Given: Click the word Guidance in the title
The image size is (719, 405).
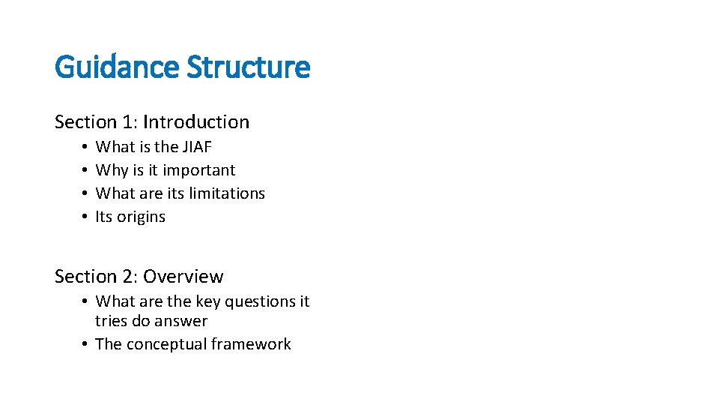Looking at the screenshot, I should click(118, 67).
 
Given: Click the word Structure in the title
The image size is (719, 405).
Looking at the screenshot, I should click(248, 67).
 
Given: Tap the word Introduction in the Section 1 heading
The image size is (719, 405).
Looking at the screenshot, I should click(196, 122).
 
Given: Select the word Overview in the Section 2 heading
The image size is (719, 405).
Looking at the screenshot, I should click(183, 277).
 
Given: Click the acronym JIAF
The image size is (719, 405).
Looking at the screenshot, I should click(198, 147).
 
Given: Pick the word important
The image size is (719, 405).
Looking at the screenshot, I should click(198, 171).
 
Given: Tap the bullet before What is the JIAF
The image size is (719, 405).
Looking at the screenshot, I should click(86, 147).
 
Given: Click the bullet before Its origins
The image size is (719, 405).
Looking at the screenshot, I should click(86, 217).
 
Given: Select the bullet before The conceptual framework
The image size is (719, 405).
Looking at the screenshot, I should click(86, 345).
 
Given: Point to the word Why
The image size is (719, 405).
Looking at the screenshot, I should click(110, 171).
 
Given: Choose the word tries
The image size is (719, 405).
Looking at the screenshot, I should click(111, 322).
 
